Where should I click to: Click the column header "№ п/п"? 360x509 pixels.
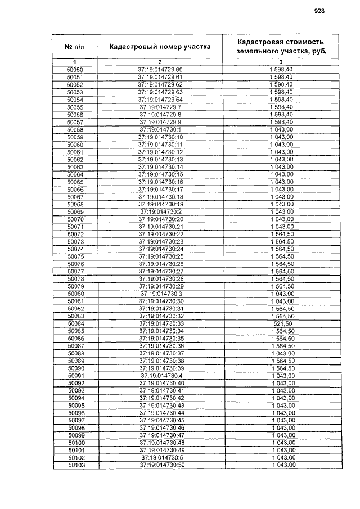tap(75, 47)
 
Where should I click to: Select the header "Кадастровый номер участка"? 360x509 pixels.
tap(160, 47)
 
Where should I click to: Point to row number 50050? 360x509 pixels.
tap(75, 70)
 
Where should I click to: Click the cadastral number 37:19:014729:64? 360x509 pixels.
tap(160, 100)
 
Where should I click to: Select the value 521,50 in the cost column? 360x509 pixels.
tap(281, 323)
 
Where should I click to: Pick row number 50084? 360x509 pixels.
tap(75, 323)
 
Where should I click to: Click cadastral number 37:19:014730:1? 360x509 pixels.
tap(160, 129)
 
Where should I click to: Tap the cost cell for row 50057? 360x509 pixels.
tap(281, 122)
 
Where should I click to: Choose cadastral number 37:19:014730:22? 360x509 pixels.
tap(160, 234)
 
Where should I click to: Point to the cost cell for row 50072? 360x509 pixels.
tap(281, 234)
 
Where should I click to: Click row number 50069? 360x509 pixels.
tap(75, 211)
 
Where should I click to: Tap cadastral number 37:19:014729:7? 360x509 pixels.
tap(160, 107)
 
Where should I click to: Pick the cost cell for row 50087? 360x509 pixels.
tap(281, 346)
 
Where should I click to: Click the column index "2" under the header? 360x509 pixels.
tap(160, 62)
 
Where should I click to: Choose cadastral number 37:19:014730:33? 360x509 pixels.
tap(160, 323)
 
